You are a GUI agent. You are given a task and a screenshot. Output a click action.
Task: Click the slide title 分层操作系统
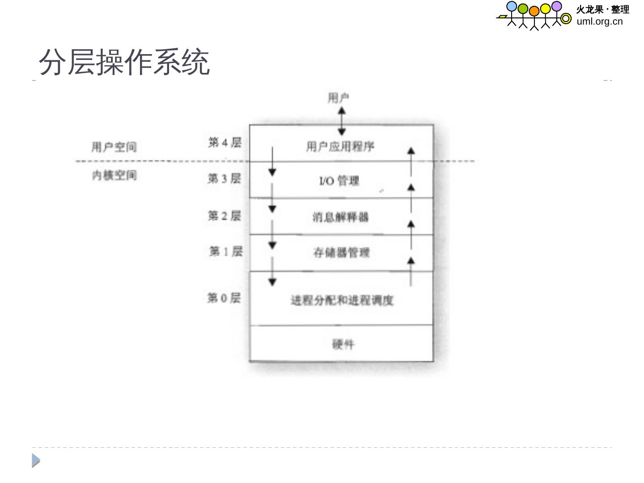click(x=124, y=62)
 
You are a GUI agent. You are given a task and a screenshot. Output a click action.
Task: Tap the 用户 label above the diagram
click(x=338, y=98)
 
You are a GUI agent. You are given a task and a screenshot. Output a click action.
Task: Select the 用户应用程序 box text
click(x=340, y=146)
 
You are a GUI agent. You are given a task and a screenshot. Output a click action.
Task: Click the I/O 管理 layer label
click(x=339, y=181)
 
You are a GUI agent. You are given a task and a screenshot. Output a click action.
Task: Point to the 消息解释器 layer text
click(x=340, y=217)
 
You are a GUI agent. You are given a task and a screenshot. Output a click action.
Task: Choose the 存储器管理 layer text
click(x=341, y=253)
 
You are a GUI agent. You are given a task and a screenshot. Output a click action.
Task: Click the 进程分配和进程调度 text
click(x=342, y=300)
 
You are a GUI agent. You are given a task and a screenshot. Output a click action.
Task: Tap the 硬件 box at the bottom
click(x=343, y=344)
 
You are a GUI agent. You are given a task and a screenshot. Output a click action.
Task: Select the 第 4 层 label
click(x=225, y=143)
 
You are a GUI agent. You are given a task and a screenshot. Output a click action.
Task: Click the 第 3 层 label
click(x=224, y=178)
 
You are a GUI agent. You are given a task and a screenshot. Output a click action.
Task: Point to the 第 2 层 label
click(x=224, y=216)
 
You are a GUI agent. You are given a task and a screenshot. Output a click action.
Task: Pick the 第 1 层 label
click(x=226, y=251)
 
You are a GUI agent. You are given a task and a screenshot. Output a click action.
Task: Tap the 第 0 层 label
click(x=224, y=298)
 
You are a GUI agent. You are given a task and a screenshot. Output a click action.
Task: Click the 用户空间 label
click(x=114, y=147)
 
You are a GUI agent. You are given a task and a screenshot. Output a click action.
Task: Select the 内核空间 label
click(x=114, y=175)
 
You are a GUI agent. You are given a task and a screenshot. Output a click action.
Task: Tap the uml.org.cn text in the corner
click(x=599, y=21)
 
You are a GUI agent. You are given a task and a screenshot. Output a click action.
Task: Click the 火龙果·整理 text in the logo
click(x=602, y=9)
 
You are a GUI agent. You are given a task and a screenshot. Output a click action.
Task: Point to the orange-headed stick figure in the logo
click(x=534, y=18)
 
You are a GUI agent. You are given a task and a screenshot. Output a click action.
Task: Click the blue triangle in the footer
click(x=36, y=461)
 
